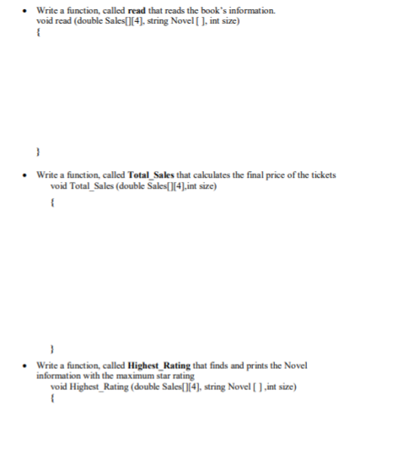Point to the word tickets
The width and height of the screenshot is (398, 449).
point(324,174)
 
